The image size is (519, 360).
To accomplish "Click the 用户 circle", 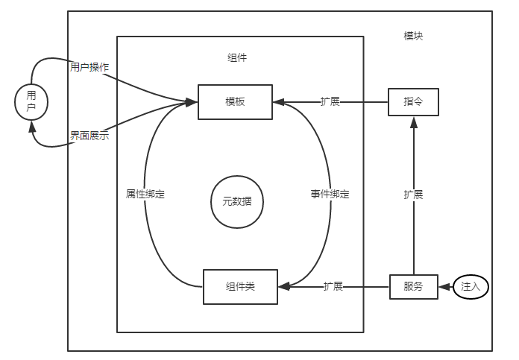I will coord(31,101).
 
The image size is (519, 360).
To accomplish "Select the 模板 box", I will coord(235,101).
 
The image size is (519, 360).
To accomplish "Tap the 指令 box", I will coord(413,101).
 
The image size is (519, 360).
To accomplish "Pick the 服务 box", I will coord(413,286).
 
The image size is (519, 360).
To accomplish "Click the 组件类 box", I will coord(240,286).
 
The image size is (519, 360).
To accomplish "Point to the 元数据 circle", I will coord(238,201).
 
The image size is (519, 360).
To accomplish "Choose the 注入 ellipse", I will coord(471,286).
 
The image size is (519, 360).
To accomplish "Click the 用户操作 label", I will coord(89,67).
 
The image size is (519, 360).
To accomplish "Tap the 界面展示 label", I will coord(89,135).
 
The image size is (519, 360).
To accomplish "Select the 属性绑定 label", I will coord(145,194).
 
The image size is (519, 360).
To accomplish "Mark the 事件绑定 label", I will coord(330,194).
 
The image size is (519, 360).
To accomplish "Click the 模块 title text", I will coord(414,36).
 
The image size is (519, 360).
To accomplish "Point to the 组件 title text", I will coord(237,57).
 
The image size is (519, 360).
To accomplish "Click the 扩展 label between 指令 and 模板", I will coord(330,101).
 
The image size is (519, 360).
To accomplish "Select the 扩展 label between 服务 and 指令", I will coord(413,194).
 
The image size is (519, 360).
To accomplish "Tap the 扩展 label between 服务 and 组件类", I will coord(333,286).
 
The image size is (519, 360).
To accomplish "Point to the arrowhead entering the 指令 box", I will coord(413,121).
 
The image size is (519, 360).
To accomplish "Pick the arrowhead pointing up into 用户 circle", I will coord(32,124).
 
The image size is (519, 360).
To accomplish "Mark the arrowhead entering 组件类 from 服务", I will coord(283,286).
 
